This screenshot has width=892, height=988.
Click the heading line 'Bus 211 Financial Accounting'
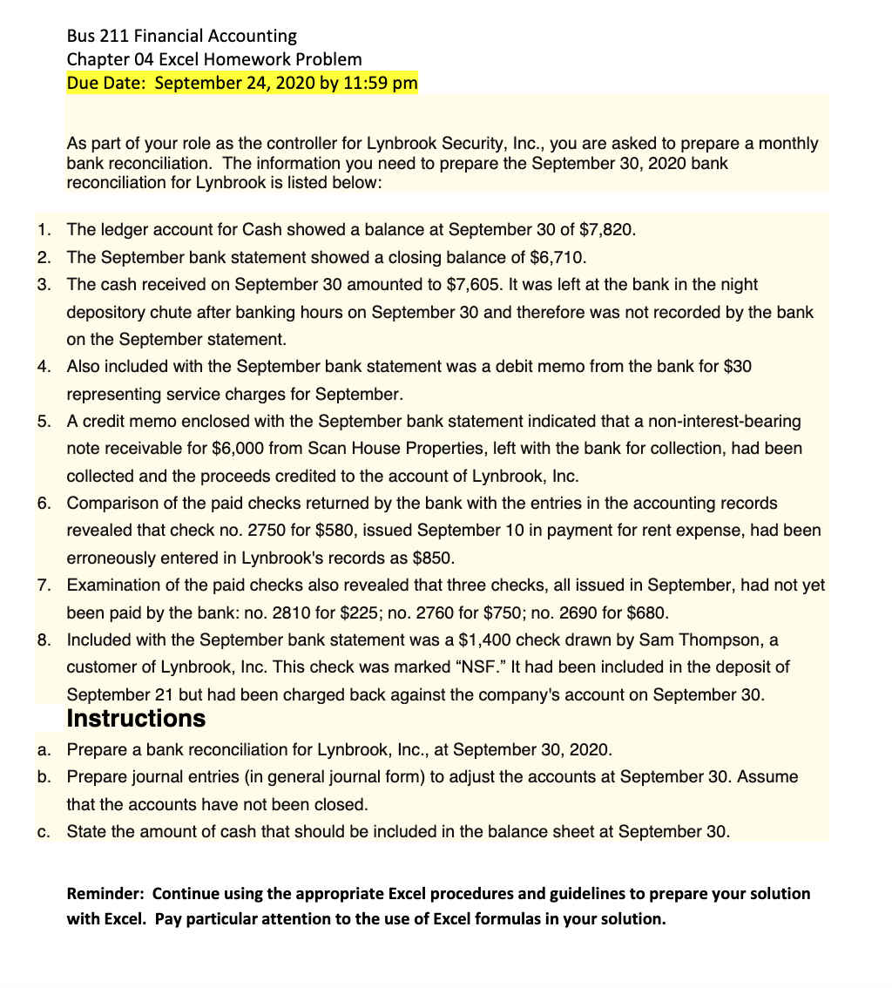point(181,36)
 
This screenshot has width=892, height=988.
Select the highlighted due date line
point(242,84)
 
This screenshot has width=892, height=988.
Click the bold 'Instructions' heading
point(136,719)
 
